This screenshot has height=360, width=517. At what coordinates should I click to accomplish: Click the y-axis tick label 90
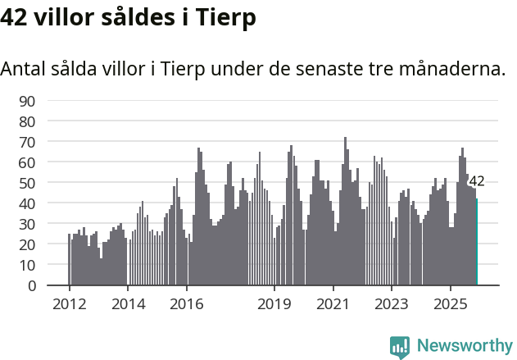coord(27,101)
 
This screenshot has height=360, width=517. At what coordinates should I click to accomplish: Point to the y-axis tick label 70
coord(27,142)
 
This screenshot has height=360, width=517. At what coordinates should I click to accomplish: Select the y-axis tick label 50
coord(27,183)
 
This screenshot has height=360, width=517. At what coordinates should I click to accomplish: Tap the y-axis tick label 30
coord(27,224)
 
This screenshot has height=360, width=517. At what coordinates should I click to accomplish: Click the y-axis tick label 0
coord(31,286)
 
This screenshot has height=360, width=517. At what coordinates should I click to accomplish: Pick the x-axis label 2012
coord(69,303)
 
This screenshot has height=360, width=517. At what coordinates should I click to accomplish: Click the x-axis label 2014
coord(127,303)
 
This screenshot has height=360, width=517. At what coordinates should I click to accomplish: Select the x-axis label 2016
coord(186,303)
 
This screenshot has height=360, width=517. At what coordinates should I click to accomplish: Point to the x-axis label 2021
coord(333,303)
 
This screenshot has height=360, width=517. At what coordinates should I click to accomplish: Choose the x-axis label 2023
coord(392,303)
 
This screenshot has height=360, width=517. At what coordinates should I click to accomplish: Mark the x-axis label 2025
coord(450,303)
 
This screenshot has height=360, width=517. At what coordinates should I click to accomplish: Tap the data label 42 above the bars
coord(477,181)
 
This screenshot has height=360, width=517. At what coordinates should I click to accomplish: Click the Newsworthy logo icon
coord(400,346)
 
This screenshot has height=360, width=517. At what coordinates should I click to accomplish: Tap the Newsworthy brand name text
coord(464,346)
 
